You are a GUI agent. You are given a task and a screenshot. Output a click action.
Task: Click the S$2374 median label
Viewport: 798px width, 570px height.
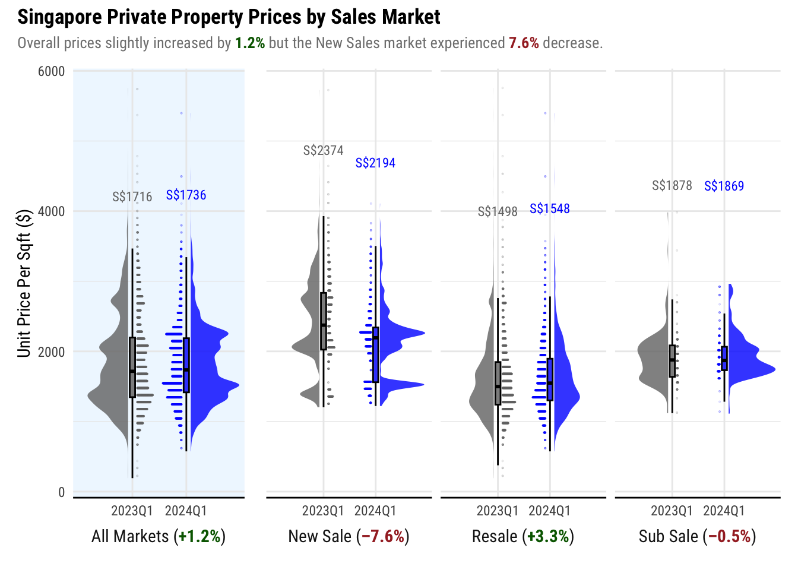323,151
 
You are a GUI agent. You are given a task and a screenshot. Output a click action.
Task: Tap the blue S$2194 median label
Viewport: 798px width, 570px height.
375,163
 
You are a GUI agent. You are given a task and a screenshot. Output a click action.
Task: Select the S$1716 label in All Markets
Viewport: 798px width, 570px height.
132,197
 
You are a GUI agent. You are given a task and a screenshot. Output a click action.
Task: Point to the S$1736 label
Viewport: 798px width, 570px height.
186,195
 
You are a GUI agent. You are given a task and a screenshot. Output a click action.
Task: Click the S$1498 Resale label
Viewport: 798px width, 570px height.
498,212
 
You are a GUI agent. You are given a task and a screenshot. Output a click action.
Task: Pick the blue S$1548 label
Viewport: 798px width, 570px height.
549,209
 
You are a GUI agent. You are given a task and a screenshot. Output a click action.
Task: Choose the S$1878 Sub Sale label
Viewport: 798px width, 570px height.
672,186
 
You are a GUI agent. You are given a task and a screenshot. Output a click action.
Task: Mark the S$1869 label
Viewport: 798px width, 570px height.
724,186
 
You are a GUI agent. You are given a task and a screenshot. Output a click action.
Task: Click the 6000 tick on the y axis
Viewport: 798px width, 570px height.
51,72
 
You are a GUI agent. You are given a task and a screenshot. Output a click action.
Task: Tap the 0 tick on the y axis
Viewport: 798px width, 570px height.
61,492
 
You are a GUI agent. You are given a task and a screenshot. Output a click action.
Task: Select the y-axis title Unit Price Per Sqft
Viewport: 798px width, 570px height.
24,283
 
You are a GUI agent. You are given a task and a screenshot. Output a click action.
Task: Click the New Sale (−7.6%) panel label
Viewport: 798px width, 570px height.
349,537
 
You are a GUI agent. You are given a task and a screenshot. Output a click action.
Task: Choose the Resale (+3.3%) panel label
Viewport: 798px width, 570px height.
522,537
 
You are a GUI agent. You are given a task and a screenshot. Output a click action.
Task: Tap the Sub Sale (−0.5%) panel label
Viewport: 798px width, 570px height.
697,537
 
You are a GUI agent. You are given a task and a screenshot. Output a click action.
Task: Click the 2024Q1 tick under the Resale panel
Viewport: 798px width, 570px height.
549,511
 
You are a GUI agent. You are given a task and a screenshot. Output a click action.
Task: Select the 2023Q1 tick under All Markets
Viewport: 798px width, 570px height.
132,511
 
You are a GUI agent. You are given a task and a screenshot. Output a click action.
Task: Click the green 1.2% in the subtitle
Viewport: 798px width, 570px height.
250,43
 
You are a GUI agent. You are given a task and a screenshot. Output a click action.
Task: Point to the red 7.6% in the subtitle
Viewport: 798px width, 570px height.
524,43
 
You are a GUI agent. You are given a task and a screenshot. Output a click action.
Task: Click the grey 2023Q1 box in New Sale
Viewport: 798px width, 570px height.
324,321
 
